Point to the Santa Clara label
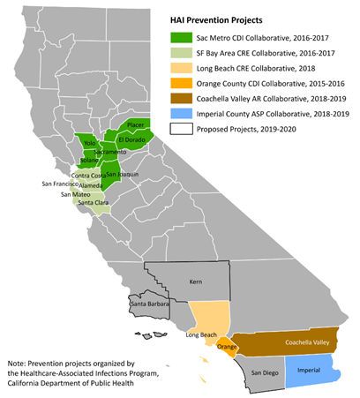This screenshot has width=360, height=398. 94,203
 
